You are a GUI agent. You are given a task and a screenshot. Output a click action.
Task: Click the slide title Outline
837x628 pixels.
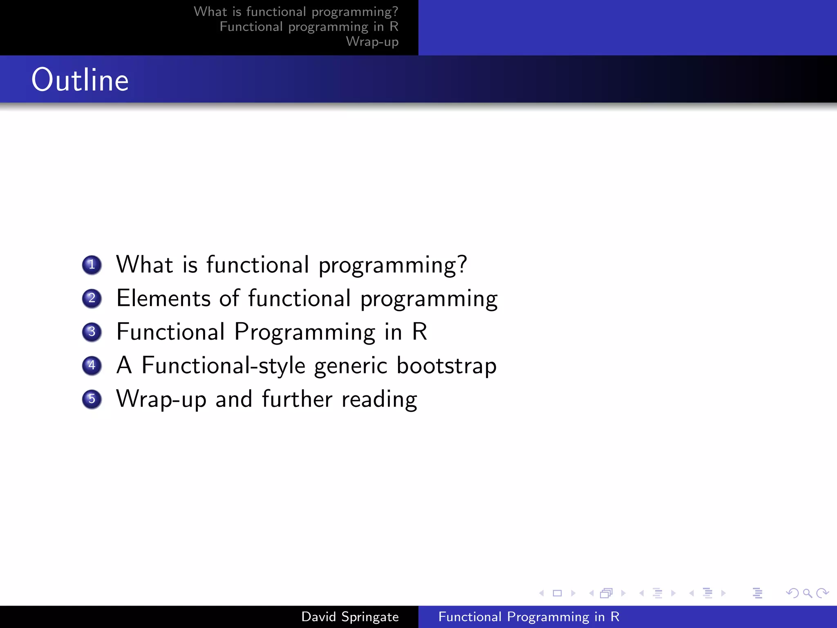[80, 80]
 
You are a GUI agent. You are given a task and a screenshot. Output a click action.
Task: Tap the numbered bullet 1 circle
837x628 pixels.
[92, 265]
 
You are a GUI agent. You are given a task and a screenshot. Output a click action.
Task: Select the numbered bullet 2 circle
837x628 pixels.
[92, 298]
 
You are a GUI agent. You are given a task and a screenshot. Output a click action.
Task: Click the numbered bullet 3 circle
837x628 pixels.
[92, 332]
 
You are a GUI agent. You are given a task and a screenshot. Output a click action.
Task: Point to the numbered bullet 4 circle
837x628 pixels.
[92, 365]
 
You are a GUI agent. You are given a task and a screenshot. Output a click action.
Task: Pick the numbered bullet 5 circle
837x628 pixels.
[92, 399]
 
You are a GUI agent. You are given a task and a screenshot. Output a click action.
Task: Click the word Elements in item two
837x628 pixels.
[163, 298]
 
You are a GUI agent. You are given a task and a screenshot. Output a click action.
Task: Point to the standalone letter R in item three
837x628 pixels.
[419, 332]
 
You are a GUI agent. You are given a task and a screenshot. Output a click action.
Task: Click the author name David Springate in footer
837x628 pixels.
[350, 617]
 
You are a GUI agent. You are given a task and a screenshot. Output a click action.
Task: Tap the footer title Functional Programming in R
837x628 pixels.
[529, 617]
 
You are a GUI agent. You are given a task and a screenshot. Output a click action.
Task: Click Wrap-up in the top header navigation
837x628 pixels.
[372, 42]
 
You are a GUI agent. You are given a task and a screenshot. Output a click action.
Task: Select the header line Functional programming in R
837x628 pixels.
[309, 27]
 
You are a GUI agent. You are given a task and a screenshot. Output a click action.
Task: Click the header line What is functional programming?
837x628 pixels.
[296, 12]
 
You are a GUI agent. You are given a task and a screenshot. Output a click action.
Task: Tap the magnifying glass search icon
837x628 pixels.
[807, 593]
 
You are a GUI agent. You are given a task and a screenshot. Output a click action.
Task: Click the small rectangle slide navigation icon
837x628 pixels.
[557, 593]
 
